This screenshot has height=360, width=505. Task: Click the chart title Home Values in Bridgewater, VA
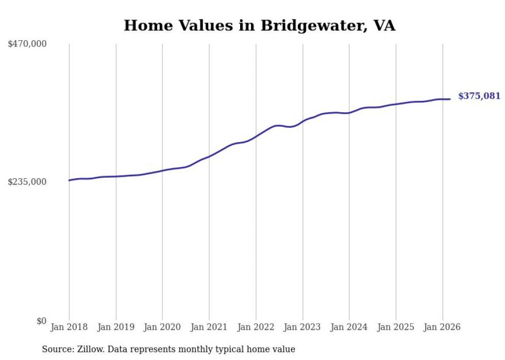point(259,25)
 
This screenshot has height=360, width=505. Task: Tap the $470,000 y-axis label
point(27,44)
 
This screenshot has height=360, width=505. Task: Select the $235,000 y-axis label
point(27,182)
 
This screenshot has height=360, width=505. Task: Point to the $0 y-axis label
point(41,321)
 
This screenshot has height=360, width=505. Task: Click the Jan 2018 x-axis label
point(69,327)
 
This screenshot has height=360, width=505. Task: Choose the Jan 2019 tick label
point(115,327)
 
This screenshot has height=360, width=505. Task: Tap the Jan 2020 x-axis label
point(162,327)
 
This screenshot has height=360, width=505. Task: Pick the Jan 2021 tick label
point(209,327)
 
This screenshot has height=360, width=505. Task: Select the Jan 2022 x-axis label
point(256,327)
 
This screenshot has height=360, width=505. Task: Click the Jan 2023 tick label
point(302,327)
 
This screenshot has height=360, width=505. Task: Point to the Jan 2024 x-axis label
point(349,327)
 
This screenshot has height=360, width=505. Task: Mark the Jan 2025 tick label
point(396,327)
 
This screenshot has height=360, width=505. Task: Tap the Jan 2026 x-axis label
point(442,327)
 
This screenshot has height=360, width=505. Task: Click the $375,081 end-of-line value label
point(479,96)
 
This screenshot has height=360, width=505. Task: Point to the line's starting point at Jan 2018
point(69,180)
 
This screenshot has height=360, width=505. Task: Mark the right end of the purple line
point(450,99)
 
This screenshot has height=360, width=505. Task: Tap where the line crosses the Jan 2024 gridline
point(349,113)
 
